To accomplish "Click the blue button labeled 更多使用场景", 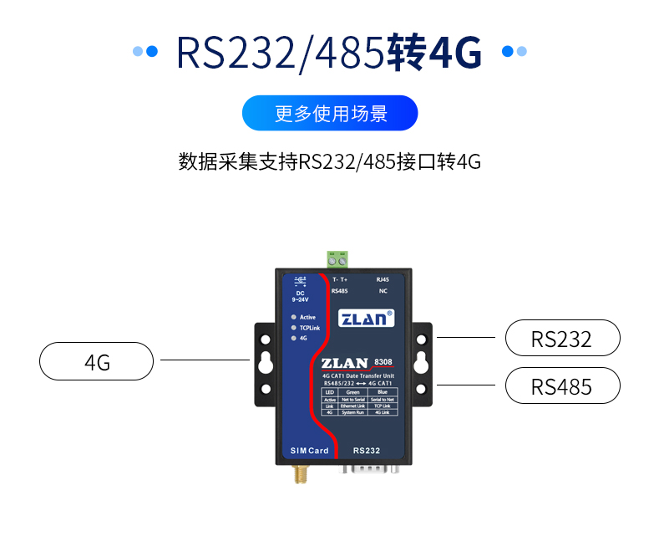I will (x=329, y=114).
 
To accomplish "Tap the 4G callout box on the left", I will (x=97, y=362).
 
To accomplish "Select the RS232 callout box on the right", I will (x=562, y=339).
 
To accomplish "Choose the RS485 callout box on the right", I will (x=562, y=386).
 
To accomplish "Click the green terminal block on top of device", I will (x=338, y=258).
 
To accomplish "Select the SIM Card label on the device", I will (x=309, y=452).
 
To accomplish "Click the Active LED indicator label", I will (x=307, y=318).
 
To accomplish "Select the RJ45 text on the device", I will (x=383, y=280).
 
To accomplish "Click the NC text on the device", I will (x=383, y=291).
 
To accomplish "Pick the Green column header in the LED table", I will (x=352, y=391).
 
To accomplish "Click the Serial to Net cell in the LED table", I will (x=383, y=399).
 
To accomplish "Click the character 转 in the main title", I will (x=407, y=52).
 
